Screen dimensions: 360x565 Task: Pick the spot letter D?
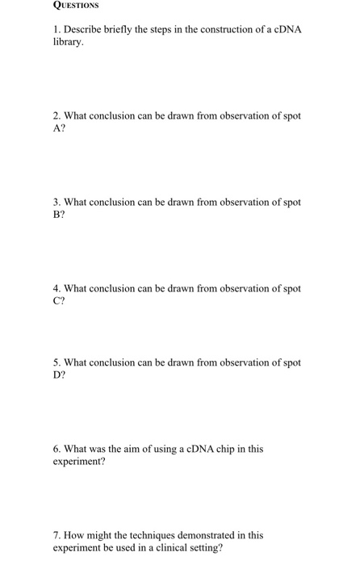click(58, 375)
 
